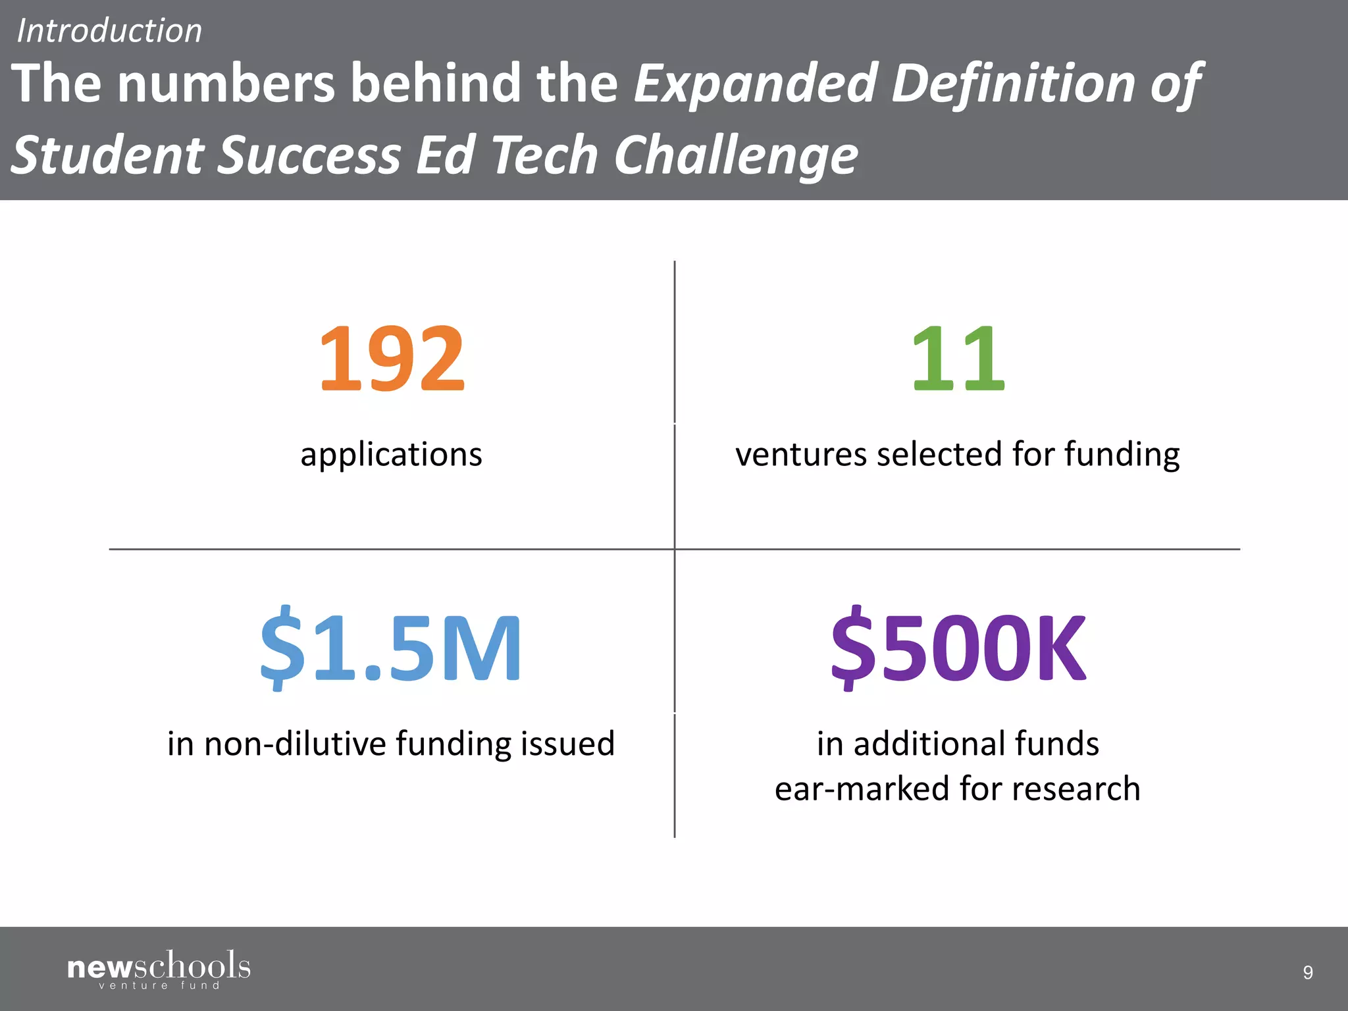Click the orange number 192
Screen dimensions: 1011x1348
click(x=392, y=359)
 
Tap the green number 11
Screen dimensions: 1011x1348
click(x=958, y=359)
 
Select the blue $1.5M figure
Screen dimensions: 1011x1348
click(x=392, y=648)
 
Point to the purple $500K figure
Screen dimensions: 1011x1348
click(x=958, y=648)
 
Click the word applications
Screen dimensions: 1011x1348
click(x=392, y=455)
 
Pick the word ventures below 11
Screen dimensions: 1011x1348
click(x=800, y=455)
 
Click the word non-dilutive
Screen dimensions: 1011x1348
click(x=296, y=744)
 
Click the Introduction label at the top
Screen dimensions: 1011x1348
click(x=109, y=31)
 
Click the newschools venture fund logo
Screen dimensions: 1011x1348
click(x=159, y=970)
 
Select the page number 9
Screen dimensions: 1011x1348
click(x=1308, y=972)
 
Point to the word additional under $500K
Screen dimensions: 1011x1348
click(x=929, y=744)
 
